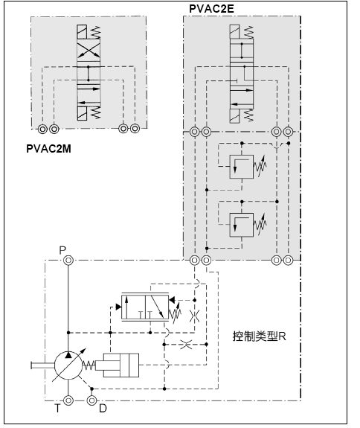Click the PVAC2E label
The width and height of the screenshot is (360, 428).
[x=211, y=9]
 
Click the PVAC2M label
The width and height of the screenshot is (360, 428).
[x=48, y=149]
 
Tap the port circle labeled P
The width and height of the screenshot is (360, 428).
[x=68, y=260]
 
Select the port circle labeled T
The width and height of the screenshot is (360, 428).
[x=68, y=400]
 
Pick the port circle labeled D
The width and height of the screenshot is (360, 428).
[x=92, y=400]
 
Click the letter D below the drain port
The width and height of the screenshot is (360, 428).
[x=103, y=409]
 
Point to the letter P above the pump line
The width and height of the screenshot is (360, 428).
[x=62, y=250]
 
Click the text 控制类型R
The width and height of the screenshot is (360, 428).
[x=260, y=336]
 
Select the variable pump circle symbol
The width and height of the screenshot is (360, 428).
[x=68, y=365]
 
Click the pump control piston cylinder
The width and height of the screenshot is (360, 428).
[x=121, y=365]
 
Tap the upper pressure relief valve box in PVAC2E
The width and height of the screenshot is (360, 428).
[x=241, y=167]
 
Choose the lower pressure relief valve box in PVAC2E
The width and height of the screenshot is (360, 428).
[x=241, y=225]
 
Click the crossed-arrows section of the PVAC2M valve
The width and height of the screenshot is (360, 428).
[x=89, y=50]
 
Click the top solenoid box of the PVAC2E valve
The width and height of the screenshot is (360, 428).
[x=234, y=31]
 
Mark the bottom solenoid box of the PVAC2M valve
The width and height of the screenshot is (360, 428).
[x=82, y=114]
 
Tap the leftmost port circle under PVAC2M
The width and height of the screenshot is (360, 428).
[x=42, y=129]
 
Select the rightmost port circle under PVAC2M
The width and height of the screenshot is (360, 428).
[x=135, y=129]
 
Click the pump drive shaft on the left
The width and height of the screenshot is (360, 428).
[x=42, y=365]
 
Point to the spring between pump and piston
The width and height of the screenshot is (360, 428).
[x=89, y=365]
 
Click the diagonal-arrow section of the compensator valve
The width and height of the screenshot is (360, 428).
[x=157, y=307]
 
